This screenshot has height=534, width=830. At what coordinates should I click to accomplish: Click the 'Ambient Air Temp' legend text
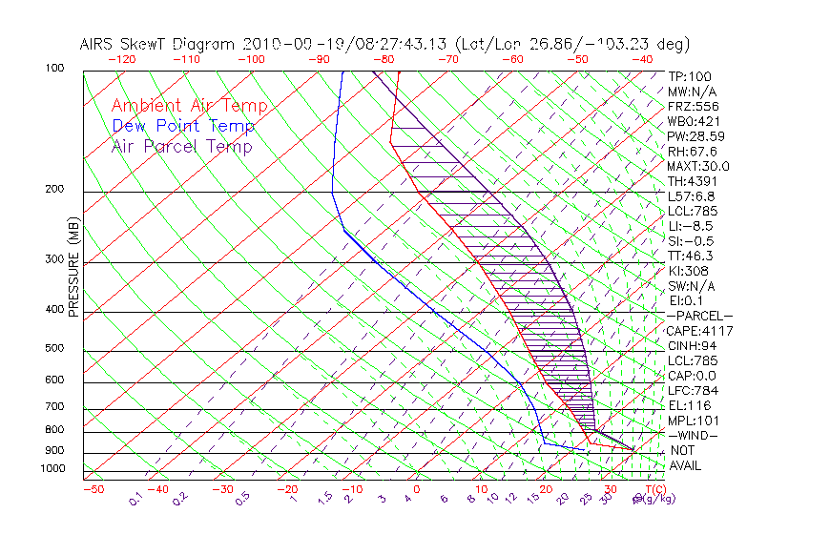(189, 106)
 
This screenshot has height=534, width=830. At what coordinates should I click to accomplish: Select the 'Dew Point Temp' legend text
(182, 126)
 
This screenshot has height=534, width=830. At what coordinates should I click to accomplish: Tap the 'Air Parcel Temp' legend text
(181, 146)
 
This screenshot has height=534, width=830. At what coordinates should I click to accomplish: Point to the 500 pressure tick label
(54, 349)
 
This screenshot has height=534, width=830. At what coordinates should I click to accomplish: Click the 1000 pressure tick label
(52, 469)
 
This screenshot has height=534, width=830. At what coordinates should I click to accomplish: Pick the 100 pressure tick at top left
(54, 69)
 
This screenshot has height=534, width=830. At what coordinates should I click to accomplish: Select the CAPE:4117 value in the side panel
(699, 331)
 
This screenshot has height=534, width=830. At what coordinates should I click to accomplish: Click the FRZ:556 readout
(692, 107)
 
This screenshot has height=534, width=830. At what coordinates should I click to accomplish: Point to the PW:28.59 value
(695, 136)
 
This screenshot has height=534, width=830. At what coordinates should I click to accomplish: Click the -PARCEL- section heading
(699, 316)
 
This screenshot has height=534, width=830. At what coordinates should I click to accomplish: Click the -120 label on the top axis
(121, 59)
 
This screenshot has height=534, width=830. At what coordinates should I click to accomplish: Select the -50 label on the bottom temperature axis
(93, 489)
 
